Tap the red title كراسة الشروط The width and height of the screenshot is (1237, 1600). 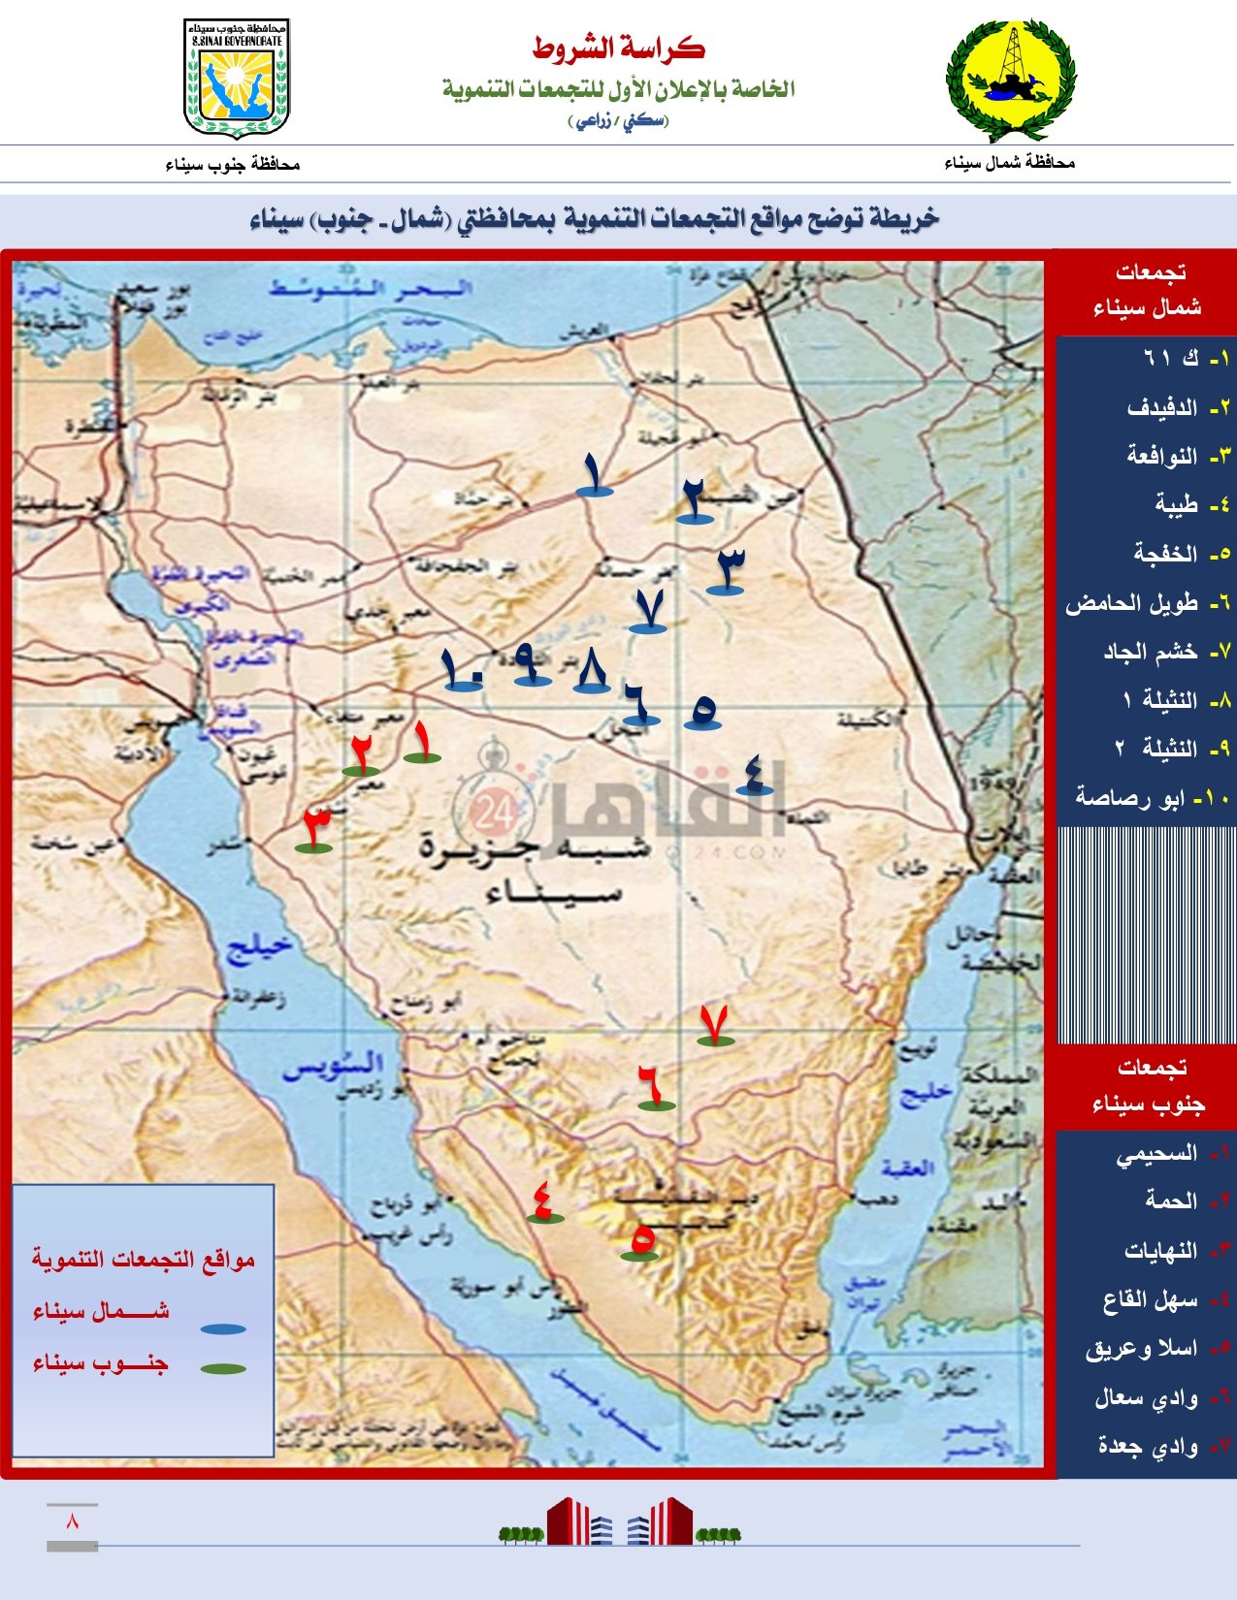tap(618, 48)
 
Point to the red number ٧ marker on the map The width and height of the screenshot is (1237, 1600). tap(715, 1025)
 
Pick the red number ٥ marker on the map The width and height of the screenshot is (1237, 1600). tap(640, 1240)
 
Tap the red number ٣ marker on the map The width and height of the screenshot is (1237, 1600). tap(314, 829)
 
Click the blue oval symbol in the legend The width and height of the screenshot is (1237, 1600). tap(223, 1328)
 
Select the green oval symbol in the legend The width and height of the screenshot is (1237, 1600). tap(223, 1368)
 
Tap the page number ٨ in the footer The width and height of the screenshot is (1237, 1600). tap(72, 1520)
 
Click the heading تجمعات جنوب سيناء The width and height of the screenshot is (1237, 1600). tap(1147, 1085)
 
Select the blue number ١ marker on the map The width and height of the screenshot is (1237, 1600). tap(594, 475)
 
